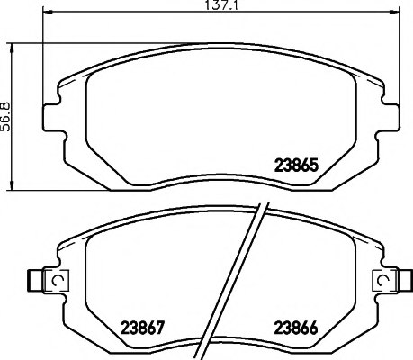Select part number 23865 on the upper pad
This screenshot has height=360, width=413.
(x=294, y=166)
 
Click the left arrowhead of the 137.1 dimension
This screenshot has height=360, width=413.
(x=48, y=16)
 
